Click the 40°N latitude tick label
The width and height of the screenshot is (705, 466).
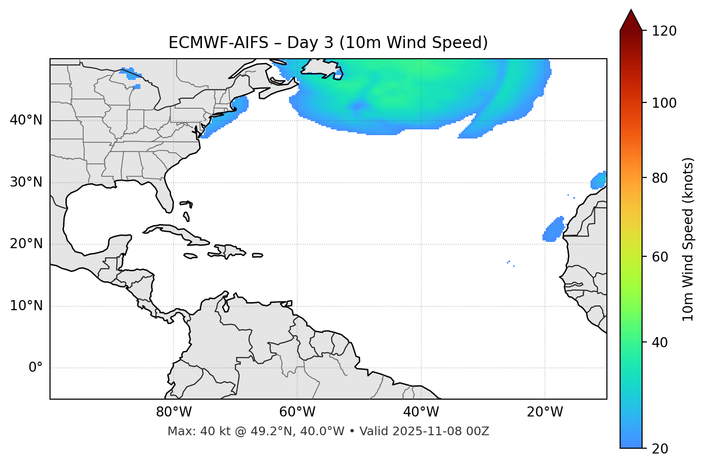click(x=26, y=120)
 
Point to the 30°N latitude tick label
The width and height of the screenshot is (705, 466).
click(x=26, y=182)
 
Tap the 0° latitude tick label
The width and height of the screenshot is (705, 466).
click(x=36, y=368)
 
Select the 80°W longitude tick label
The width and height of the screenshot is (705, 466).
click(x=174, y=412)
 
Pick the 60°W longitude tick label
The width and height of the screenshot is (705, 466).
click(x=297, y=412)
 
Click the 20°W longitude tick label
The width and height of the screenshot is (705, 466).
click(x=545, y=412)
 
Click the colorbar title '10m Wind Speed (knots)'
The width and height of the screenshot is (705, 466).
click(x=688, y=239)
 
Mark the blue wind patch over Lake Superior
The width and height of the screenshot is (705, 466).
click(x=128, y=72)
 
